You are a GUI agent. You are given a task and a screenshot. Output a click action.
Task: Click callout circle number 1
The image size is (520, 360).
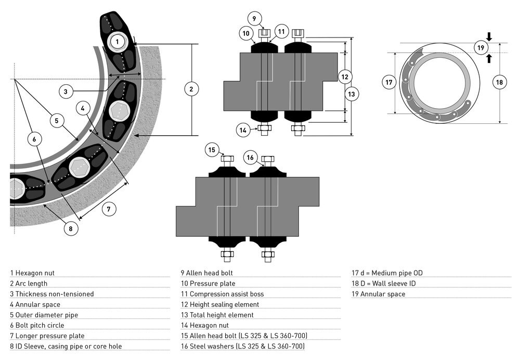coord(118,41)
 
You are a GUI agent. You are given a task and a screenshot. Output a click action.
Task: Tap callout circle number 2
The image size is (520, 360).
coord(191,89)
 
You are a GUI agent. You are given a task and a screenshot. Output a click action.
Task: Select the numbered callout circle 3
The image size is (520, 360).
coord(66,92)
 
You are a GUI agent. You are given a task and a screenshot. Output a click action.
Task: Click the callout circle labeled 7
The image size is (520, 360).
coord(108,209)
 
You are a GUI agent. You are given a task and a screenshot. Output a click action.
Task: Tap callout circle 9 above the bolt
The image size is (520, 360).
coord(254,19)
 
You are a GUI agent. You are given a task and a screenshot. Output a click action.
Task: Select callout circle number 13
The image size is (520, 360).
coord(352,94)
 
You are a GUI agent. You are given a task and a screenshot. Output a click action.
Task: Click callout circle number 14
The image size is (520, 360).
coord(242,130)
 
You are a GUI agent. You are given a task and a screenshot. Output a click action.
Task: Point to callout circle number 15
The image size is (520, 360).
coord(212,150)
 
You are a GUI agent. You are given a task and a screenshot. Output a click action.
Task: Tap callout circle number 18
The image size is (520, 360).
coord(500,82)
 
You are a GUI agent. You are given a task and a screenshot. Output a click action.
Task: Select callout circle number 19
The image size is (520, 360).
coord(482,48)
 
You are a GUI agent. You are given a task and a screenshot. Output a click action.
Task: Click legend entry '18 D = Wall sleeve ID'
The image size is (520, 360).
coord(385,284)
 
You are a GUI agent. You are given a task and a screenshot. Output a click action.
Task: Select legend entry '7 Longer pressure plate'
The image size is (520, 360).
coord(47,336)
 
